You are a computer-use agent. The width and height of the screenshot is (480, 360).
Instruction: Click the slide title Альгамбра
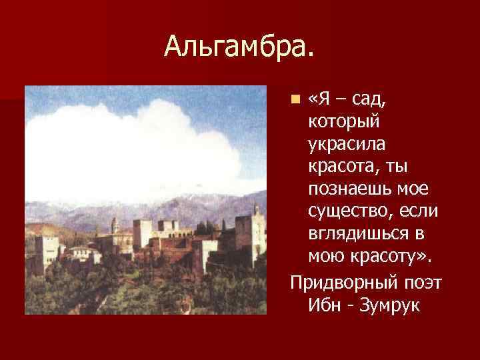tap(239, 46)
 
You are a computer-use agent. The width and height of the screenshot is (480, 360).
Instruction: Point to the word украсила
tap(346, 145)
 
